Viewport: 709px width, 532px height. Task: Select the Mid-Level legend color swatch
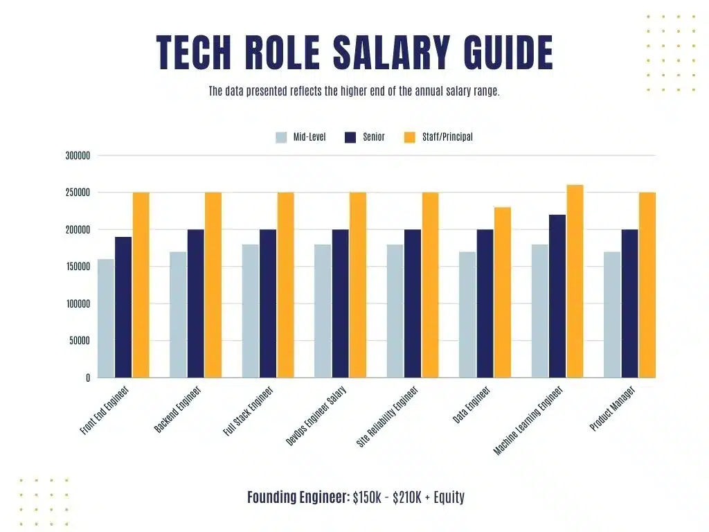tap(281, 137)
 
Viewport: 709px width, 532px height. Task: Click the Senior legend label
tap(374, 137)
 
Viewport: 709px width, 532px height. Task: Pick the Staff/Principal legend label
tap(447, 137)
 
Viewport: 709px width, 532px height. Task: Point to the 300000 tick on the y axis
tap(78, 156)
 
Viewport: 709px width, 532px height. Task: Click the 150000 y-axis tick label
tap(78, 267)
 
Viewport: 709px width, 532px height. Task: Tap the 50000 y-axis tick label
tap(80, 341)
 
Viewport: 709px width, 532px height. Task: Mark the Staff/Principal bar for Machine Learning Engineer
tap(575, 281)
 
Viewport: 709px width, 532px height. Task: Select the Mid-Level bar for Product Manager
tap(612, 314)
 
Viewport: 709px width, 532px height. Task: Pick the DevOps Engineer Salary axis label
tap(316, 416)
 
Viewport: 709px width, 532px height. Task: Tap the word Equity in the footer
tap(449, 497)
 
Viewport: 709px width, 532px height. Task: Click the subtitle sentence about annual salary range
tap(354, 91)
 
